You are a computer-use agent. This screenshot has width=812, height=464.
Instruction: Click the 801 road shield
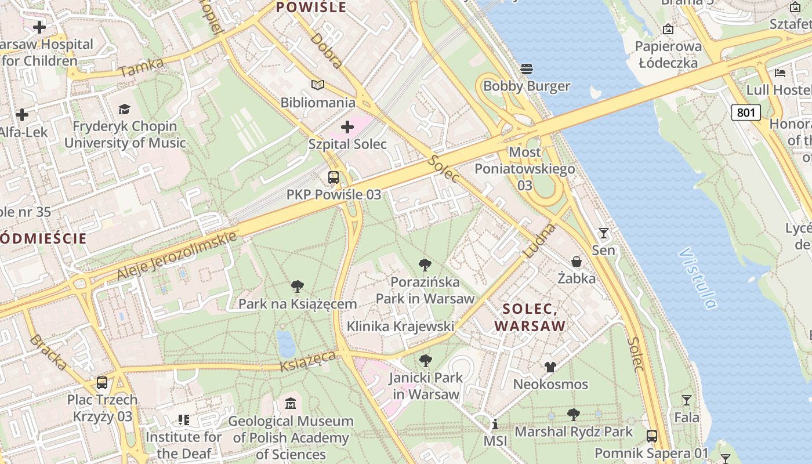(x=745, y=112)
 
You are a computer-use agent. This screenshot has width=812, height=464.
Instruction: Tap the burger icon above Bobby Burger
(x=527, y=69)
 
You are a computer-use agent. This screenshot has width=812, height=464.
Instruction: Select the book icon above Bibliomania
(x=317, y=85)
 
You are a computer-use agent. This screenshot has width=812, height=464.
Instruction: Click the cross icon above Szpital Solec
(x=347, y=126)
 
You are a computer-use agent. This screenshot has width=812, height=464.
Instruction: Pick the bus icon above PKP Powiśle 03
(x=333, y=177)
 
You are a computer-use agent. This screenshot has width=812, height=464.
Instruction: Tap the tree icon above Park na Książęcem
(x=298, y=286)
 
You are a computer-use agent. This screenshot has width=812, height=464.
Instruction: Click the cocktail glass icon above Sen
(x=604, y=233)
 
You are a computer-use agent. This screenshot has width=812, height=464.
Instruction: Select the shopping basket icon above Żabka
(x=577, y=262)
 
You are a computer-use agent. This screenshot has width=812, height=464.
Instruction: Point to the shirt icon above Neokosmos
(x=550, y=367)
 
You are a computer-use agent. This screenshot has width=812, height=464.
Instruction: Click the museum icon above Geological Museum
(x=291, y=403)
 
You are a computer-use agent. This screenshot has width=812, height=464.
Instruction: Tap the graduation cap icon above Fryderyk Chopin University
(x=124, y=109)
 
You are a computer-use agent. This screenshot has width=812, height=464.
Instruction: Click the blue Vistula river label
(x=697, y=278)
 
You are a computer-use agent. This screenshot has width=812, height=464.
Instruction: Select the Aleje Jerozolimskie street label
(x=177, y=255)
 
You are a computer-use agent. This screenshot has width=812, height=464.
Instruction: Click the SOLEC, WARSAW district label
(x=529, y=317)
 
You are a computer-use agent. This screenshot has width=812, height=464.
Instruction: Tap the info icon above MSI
(x=495, y=424)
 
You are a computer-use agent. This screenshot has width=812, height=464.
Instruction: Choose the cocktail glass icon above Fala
(x=687, y=400)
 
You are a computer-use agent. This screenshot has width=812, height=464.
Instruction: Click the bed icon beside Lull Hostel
(x=780, y=73)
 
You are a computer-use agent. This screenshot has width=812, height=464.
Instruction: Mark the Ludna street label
(x=539, y=241)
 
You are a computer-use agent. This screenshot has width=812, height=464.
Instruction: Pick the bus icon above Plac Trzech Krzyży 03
(x=102, y=383)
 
